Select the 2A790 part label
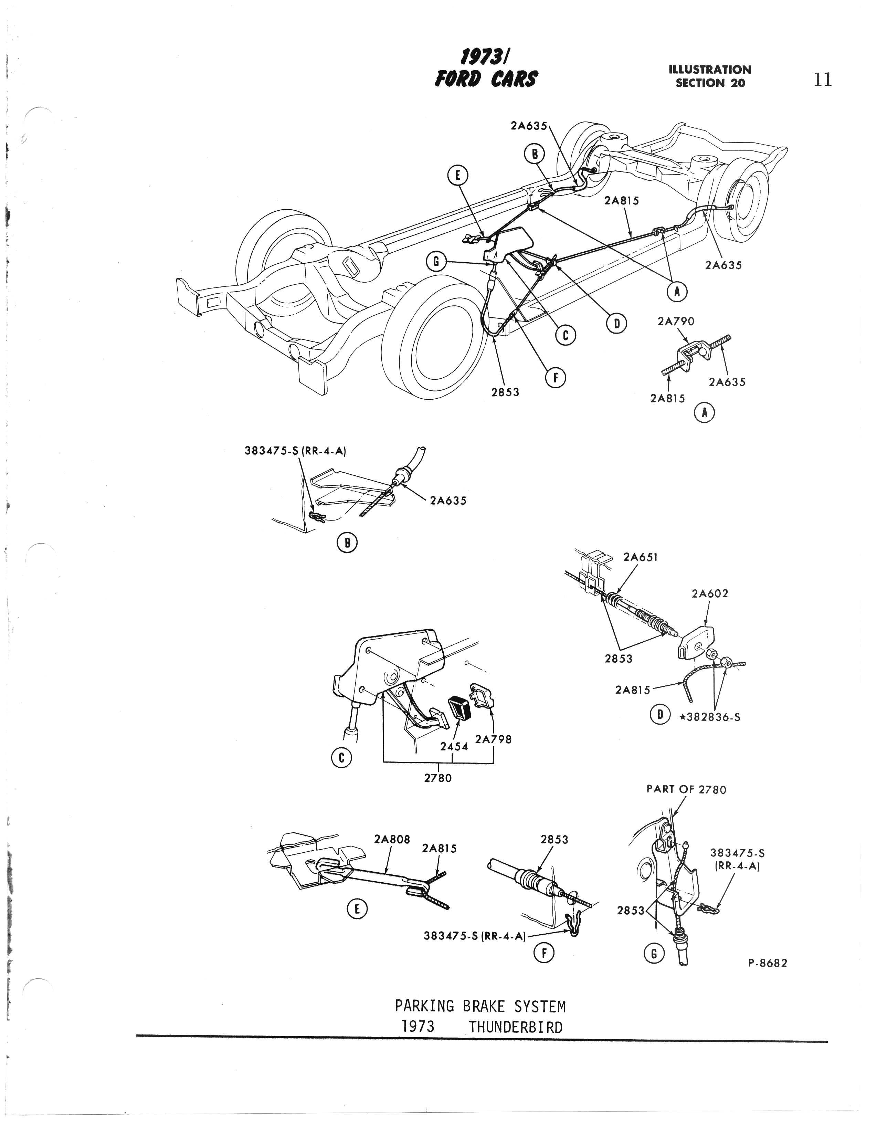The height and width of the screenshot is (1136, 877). tap(676, 322)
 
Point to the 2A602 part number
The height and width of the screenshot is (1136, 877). tap(709, 593)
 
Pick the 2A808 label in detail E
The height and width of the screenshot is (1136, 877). tap(392, 840)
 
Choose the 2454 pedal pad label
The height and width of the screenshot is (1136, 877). tap(454, 746)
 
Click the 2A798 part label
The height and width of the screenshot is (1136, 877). tap(493, 739)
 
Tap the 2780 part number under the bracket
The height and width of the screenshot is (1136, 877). tap(438, 778)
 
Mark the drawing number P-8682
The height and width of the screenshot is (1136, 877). tap(767, 963)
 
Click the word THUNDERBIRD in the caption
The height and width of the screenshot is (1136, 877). tap(515, 1027)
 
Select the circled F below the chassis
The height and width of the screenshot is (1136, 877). tap(556, 378)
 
